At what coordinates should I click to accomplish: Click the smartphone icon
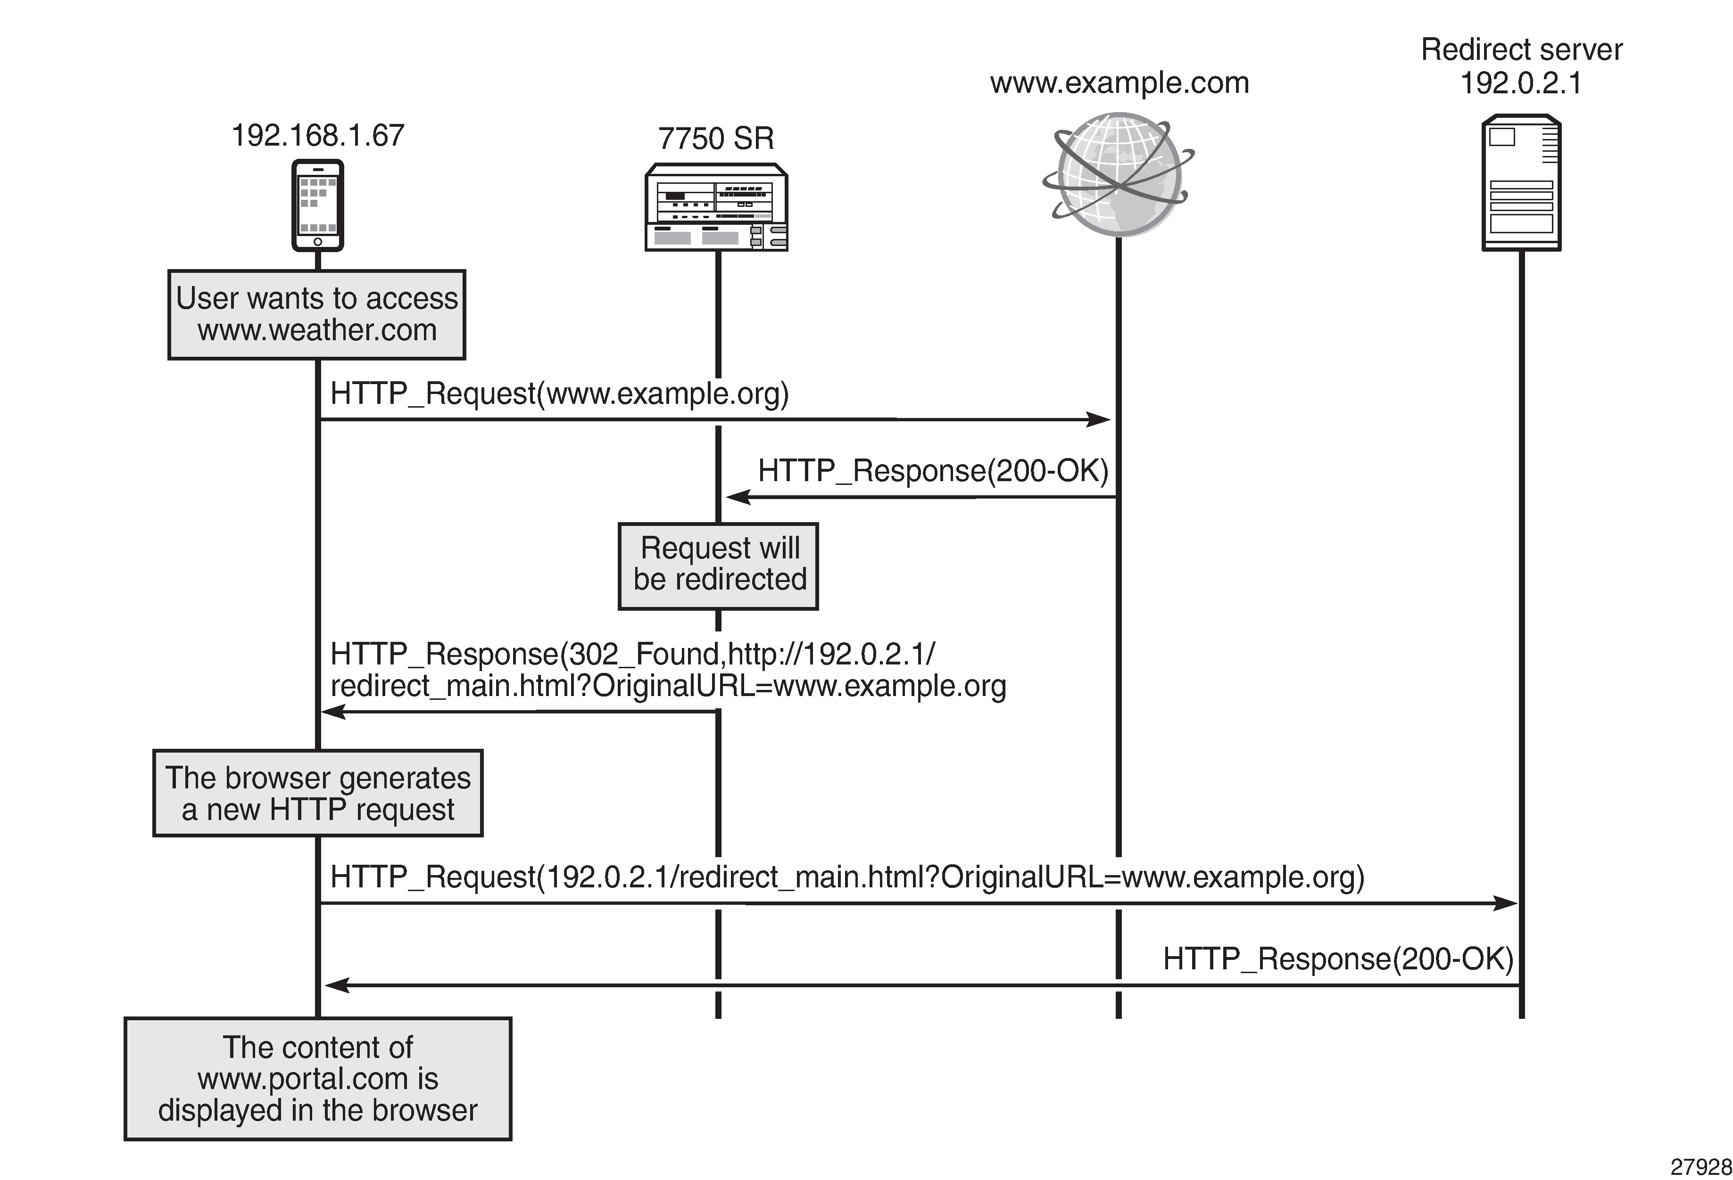coord(318,205)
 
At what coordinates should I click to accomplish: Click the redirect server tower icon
coord(1521,183)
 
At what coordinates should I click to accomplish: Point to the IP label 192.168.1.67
coord(318,136)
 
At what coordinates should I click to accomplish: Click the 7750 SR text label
coord(716,139)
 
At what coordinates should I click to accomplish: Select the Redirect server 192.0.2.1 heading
coord(1521,66)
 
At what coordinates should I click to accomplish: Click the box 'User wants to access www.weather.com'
coord(317,315)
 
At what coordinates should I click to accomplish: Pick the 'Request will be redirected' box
coord(719,566)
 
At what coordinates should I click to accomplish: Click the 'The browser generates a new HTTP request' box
coord(318,793)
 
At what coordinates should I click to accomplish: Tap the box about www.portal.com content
coord(318,1079)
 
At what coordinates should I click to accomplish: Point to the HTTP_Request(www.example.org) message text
coord(559,393)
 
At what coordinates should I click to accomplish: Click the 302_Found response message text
coord(667,669)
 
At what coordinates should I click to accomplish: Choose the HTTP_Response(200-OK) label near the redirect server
coord(1338,959)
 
